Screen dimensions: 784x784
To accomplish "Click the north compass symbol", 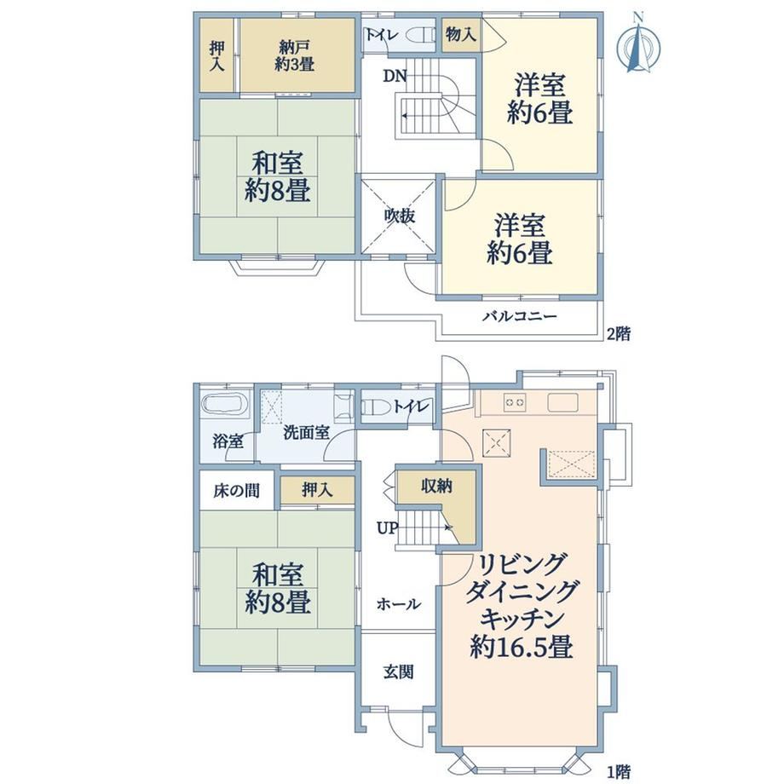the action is tap(638, 45).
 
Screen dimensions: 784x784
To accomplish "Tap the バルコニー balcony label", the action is tap(520, 316).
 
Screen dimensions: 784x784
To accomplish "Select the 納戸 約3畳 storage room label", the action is tap(294, 55).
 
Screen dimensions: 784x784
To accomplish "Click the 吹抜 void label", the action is tap(400, 216).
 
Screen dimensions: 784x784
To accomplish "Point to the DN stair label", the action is tap(395, 76).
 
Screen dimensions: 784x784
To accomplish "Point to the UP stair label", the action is tap(387, 528).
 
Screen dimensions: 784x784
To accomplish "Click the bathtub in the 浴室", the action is tap(225, 405).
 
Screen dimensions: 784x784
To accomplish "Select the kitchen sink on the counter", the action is tap(562, 402).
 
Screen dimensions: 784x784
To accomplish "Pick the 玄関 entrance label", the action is tap(399, 672).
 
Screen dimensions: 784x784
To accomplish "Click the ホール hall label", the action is tap(399, 604).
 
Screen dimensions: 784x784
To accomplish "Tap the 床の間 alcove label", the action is tap(237, 491).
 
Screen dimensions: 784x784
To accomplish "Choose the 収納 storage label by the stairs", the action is tap(436, 485).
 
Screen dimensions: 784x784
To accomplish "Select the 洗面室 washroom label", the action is tap(306, 433).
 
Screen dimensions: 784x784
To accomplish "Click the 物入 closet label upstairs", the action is tap(460, 34).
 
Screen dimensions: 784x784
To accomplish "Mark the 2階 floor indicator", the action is tap(619, 333).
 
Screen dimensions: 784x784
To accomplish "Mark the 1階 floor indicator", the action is tap(619, 772).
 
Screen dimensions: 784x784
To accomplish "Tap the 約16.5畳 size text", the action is tap(521, 648).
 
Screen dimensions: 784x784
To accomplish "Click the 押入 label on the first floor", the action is tap(317, 490).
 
